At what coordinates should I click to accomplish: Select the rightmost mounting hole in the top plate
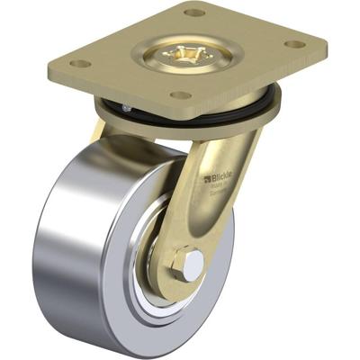click(x=293, y=44)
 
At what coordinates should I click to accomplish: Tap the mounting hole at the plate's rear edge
click(x=194, y=13)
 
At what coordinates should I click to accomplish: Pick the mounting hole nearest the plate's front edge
click(x=181, y=94)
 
